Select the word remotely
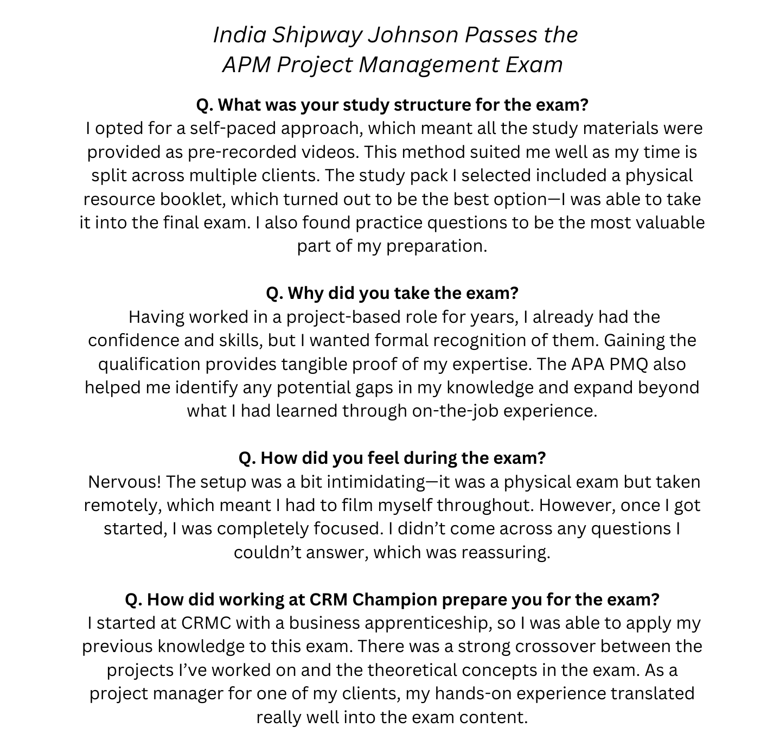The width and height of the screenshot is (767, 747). point(122,506)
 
